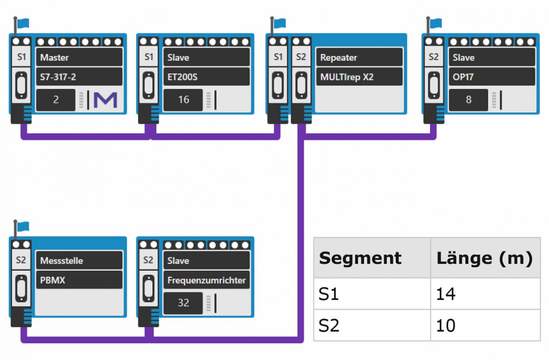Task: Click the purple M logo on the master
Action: click(x=105, y=100)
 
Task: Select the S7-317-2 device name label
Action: click(x=79, y=77)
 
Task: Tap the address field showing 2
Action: click(x=56, y=100)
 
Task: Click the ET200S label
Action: click(x=206, y=77)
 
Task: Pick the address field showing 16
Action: click(x=183, y=100)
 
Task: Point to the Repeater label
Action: click(x=359, y=58)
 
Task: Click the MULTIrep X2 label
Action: click(x=359, y=77)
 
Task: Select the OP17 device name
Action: click(x=492, y=77)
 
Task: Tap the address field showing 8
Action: click(x=468, y=100)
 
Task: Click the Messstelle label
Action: click(x=79, y=261)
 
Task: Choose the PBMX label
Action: click(x=79, y=280)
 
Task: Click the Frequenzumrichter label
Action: click(x=206, y=280)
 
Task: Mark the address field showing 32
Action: click(x=183, y=303)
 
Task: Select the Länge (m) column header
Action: click(x=485, y=258)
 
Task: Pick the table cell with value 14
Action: click(x=485, y=294)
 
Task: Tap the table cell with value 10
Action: click(x=485, y=325)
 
